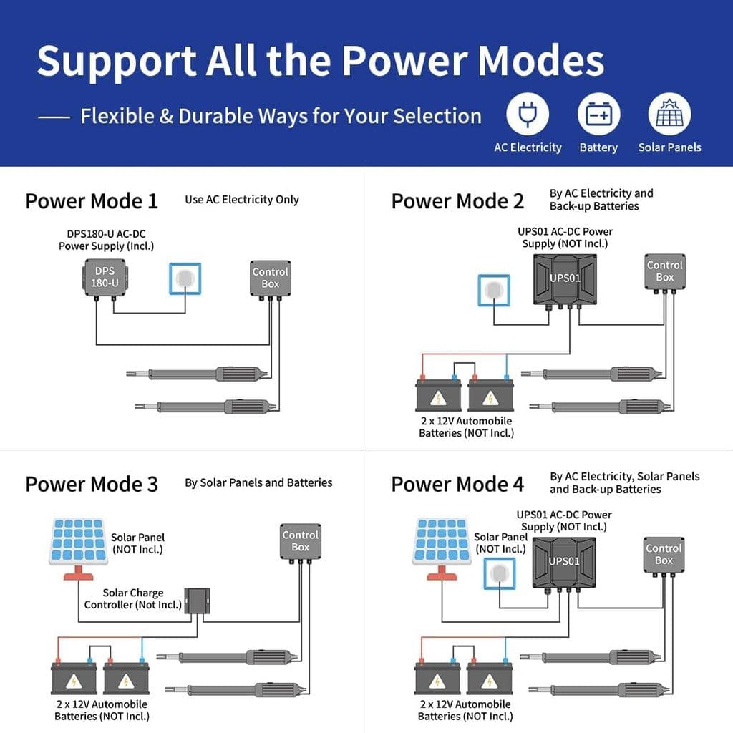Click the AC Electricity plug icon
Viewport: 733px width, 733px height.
[x=528, y=115]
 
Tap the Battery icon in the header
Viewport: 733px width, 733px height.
[x=598, y=115]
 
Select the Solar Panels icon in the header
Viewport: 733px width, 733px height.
[x=669, y=115]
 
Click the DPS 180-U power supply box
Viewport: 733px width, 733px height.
[x=103, y=277]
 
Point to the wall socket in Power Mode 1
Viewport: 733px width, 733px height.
[x=185, y=279]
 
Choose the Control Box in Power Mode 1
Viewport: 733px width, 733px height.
[x=271, y=278]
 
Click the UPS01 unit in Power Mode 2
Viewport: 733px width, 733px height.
[x=565, y=278]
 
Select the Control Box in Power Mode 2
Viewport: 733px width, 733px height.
[x=665, y=271]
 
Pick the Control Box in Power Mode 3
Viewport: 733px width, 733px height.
[x=301, y=541]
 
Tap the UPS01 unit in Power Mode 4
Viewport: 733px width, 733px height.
[x=564, y=562]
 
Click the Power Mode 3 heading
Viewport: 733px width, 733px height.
[x=92, y=484]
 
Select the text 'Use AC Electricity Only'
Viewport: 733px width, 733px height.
[x=242, y=200]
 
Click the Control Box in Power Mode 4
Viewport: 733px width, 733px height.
[x=664, y=554]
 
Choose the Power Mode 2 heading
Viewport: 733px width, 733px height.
[x=457, y=201]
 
